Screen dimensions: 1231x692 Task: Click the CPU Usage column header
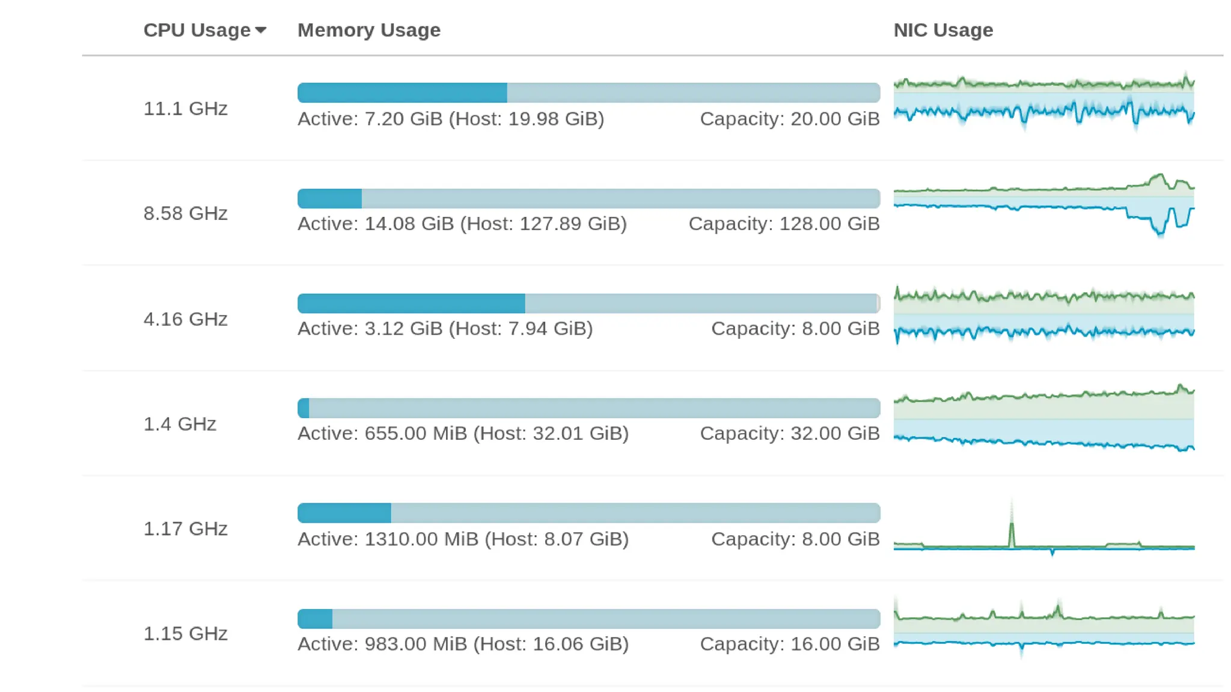pyautogui.click(x=197, y=30)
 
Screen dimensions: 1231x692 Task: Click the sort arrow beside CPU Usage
pyautogui.click(x=260, y=31)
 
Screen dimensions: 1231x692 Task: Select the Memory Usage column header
pyautogui.click(x=368, y=30)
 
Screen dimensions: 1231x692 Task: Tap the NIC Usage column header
pyautogui.click(x=942, y=30)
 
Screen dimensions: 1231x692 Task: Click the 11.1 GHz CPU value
pyautogui.click(x=185, y=109)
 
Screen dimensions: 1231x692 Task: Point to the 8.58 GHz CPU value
pyautogui.click(x=185, y=213)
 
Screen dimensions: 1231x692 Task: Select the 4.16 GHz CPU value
pyautogui.click(x=185, y=319)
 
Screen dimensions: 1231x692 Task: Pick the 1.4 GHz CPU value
pyautogui.click(x=180, y=424)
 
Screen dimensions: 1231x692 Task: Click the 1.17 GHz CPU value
pyautogui.click(x=185, y=529)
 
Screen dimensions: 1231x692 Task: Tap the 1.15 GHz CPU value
pyautogui.click(x=185, y=634)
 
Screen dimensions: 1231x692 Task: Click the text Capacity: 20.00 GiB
pyautogui.click(x=789, y=119)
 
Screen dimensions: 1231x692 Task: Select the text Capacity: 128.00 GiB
pyautogui.click(x=784, y=224)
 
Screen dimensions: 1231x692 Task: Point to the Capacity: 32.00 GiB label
pyautogui.click(x=789, y=434)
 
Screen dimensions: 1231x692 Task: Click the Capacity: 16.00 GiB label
pyautogui.click(x=789, y=644)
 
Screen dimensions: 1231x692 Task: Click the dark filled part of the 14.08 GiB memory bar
pyautogui.click(x=329, y=199)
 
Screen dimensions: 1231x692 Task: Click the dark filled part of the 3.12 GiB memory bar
pyautogui.click(x=411, y=304)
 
